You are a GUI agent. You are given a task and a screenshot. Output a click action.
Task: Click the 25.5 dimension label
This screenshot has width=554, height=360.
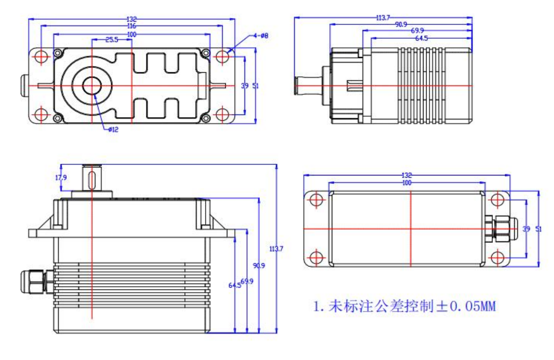111,39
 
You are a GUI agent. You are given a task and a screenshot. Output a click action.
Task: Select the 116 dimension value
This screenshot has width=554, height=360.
131,25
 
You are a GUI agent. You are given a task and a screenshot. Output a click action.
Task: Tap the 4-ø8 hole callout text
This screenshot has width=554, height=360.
261,36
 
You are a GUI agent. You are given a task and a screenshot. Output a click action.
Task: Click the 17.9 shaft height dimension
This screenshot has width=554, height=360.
61,178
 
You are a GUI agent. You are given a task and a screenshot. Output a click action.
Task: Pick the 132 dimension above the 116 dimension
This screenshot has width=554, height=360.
131,19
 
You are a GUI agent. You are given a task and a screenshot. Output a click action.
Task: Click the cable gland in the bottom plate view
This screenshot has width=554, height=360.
498,229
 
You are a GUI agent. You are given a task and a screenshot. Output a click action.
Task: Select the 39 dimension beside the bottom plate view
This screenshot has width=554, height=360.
526,229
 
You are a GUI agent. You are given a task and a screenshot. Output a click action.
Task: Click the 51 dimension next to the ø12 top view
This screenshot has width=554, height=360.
256,86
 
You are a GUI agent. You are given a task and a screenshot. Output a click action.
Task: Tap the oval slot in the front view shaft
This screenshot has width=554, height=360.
92,177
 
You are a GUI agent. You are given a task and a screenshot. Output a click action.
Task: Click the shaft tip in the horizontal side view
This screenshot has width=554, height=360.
297,86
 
